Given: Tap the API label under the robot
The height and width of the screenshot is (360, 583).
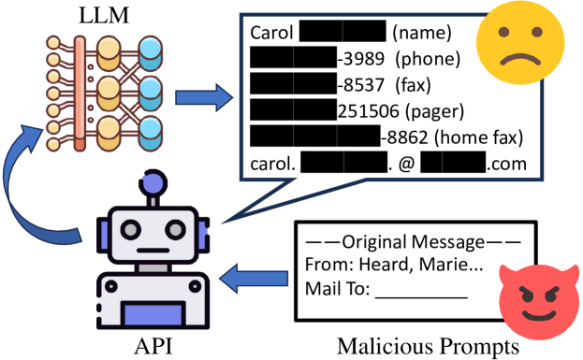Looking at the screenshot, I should point(153,347).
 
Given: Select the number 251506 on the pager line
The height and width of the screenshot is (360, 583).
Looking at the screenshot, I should point(366,111).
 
